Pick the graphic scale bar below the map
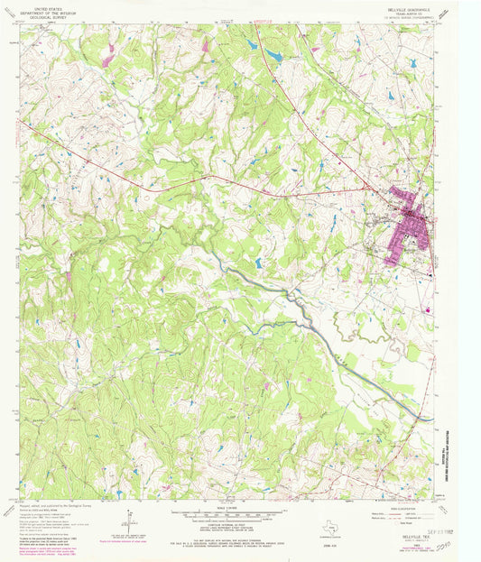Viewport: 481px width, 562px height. (233, 516)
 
